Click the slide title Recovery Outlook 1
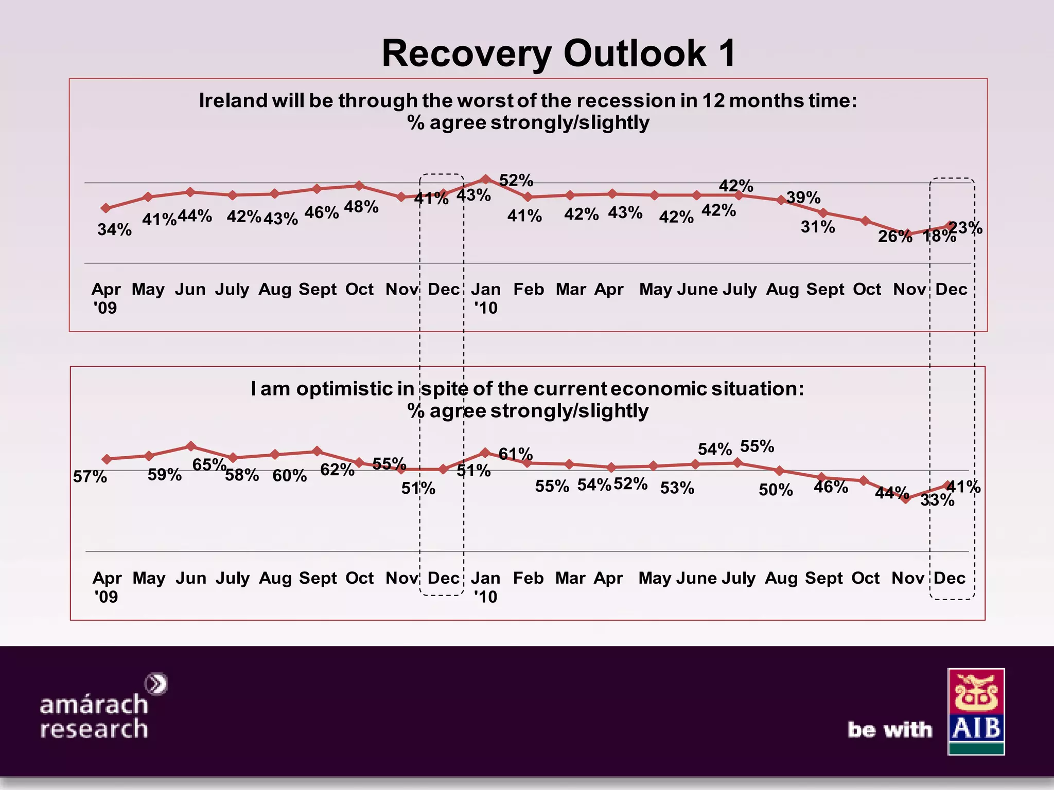[x=559, y=53]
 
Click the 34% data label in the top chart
[x=114, y=229]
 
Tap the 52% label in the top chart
[x=516, y=180]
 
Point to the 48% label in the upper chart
[x=361, y=207]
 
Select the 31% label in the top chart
[x=818, y=227]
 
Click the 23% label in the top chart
[x=965, y=227]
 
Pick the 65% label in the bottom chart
[x=209, y=464]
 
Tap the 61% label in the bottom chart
[x=516, y=454]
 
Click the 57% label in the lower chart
[x=90, y=477]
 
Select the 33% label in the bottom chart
[x=937, y=500]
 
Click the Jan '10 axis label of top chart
[x=486, y=298]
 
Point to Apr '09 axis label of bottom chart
[x=107, y=587]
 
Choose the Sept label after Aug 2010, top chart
[x=825, y=289]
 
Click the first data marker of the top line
[x=106, y=208]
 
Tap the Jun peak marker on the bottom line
[x=190, y=446]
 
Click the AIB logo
[x=976, y=711]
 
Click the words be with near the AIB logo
[x=890, y=730]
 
